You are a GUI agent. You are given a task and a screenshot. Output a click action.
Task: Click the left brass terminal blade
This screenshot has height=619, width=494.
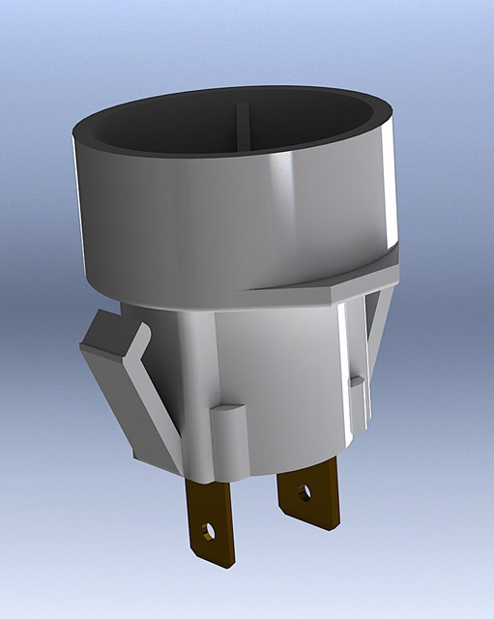pyautogui.click(x=211, y=522)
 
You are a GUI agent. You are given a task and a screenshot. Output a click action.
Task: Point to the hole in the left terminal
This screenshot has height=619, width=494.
pyautogui.click(x=206, y=531)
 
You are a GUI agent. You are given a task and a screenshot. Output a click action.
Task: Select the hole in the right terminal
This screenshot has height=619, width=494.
pyautogui.click(x=305, y=493)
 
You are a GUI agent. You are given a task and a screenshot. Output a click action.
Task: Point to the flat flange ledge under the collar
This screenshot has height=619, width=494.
pyautogui.click(x=319, y=285)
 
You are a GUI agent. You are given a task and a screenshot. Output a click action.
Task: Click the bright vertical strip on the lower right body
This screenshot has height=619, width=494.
pyautogui.click(x=344, y=368)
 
